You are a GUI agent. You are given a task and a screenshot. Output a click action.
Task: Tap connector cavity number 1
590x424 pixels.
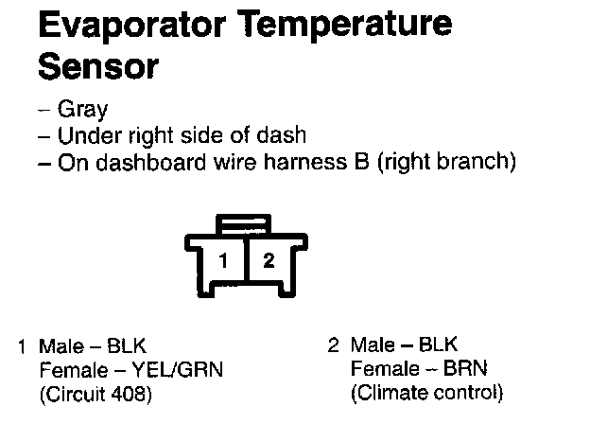point(223,260)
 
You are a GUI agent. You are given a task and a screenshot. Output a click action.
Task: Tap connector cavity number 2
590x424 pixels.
point(269,260)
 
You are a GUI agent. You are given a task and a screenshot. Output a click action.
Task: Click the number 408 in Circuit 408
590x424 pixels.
point(134,392)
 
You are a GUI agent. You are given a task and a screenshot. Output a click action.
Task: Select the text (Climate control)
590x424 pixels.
point(427,392)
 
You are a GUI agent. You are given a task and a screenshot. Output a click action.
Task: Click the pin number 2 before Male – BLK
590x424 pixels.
point(333,346)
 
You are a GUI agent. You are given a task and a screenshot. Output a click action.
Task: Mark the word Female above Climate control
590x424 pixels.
point(382,369)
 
